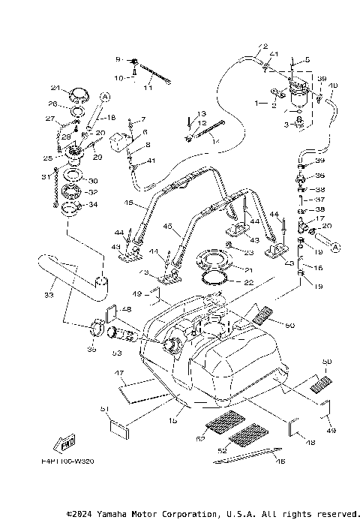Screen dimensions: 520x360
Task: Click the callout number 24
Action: click(55, 87)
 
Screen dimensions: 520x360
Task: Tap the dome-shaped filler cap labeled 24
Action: click(77, 94)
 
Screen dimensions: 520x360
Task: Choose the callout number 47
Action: click(118, 372)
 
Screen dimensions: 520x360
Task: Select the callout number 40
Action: click(333, 86)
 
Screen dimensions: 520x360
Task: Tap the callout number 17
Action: click(319, 218)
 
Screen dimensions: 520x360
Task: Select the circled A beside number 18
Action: click(105, 96)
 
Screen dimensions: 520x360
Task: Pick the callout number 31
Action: click(44, 177)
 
